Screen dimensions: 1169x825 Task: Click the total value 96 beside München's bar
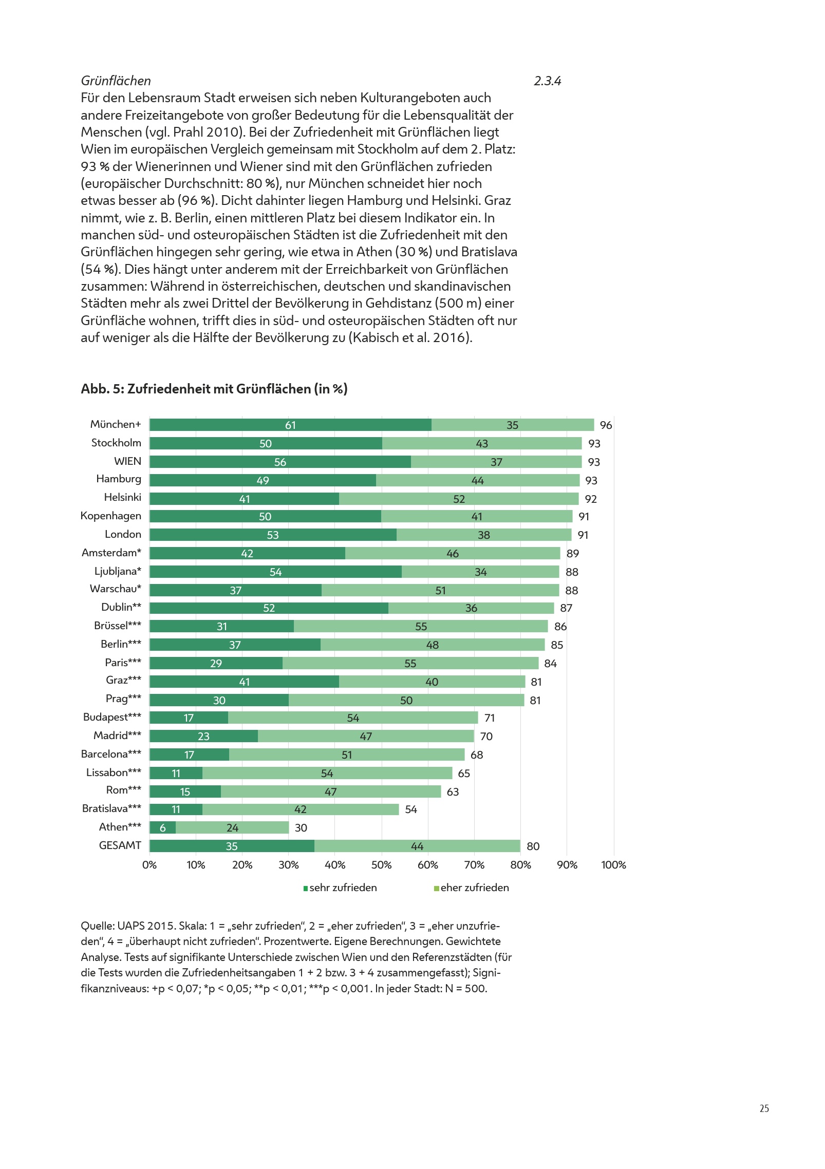[x=606, y=425]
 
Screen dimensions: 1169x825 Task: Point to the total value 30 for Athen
[x=301, y=828]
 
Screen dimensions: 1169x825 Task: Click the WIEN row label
[x=127, y=461]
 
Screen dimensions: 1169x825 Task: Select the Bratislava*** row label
[x=111, y=808]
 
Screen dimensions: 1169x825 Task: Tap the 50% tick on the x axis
[x=381, y=865]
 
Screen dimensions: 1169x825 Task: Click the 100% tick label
[x=613, y=865]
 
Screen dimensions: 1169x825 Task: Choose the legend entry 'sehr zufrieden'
[x=343, y=888]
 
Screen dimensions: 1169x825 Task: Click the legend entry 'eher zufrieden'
[x=474, y=888]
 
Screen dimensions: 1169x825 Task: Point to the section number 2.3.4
[x=547, y=81]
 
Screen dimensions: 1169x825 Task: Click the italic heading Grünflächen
[x=116, y=81]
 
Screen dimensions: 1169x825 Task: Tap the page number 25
[x=764, y=1108]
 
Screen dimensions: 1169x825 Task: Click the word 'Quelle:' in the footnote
[x=98, y=926]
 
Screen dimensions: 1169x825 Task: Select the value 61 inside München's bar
[x=291, y=425]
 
